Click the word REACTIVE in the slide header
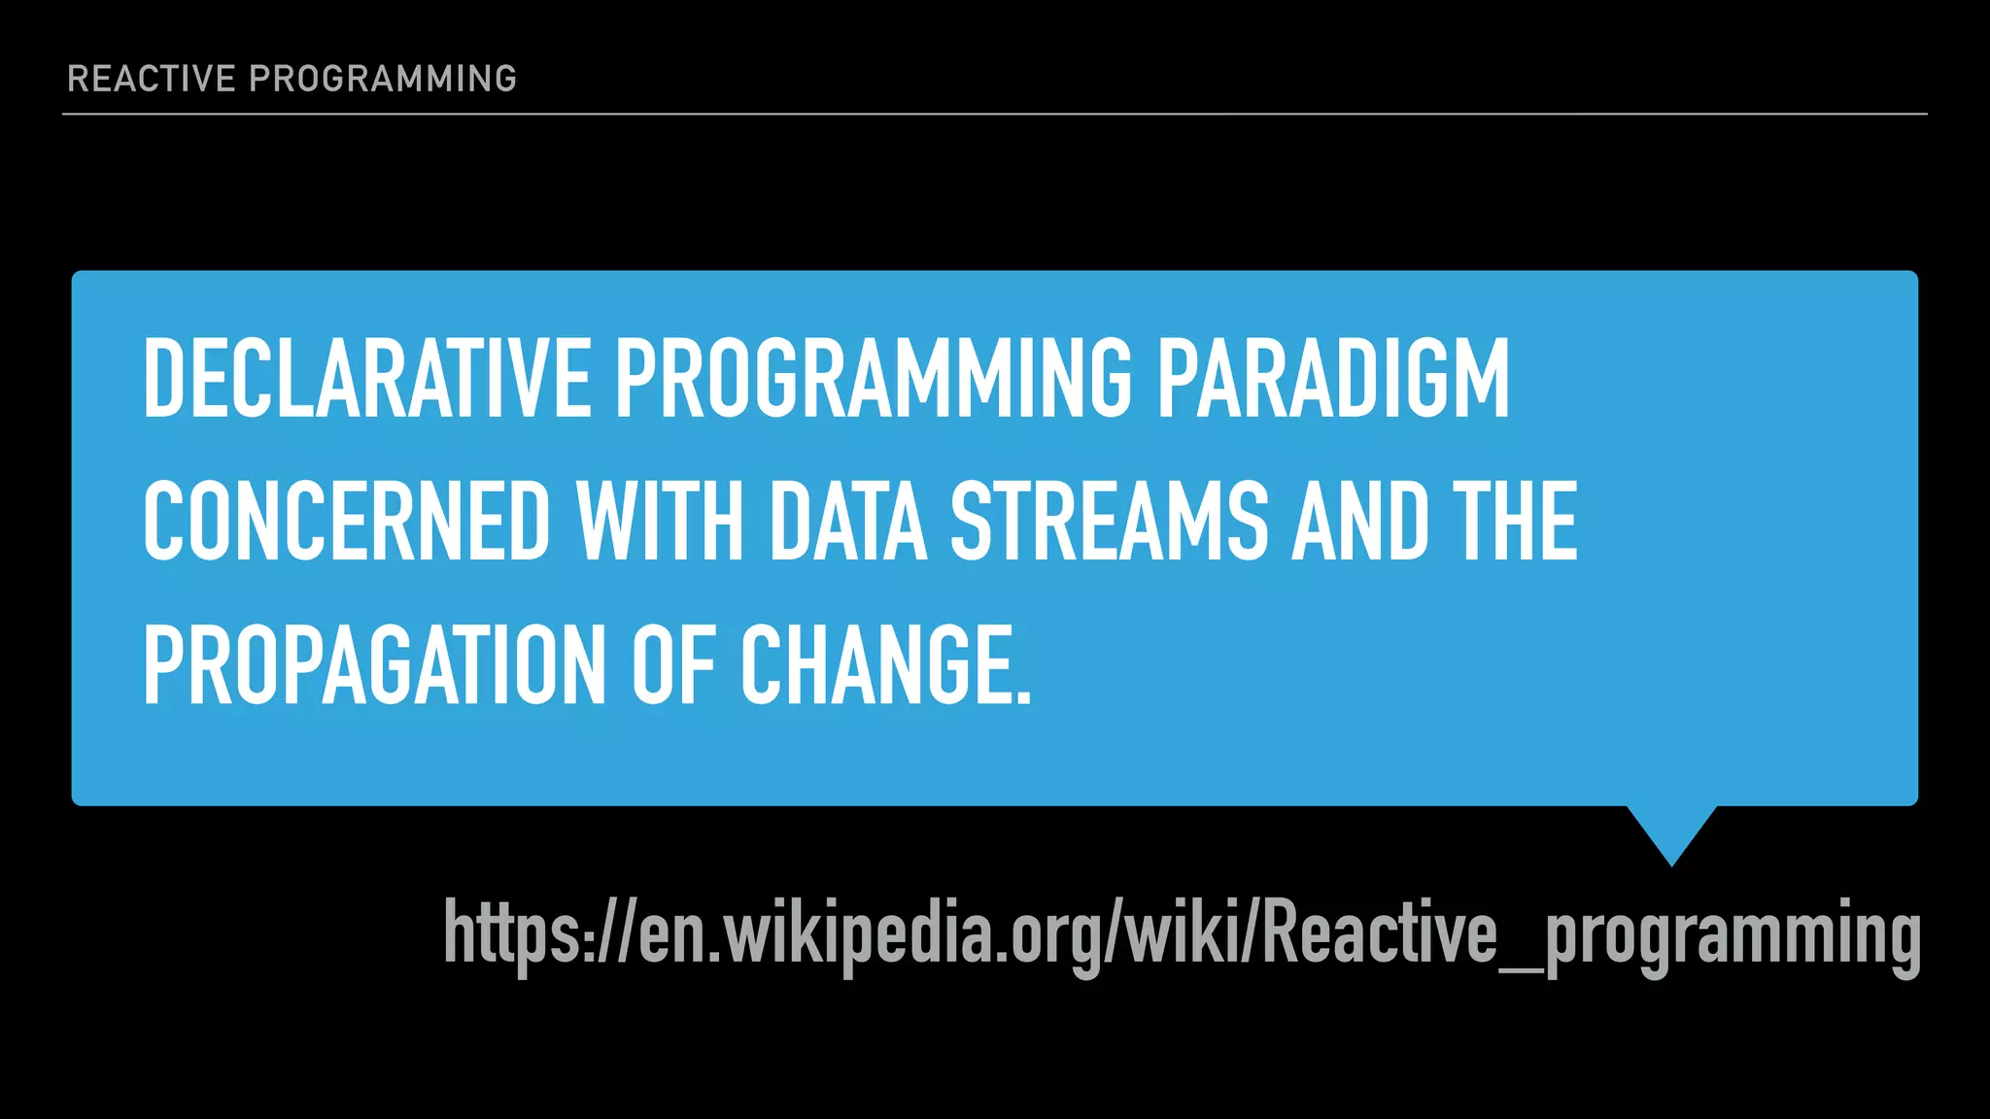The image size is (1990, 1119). pyautogui.click(x=152, y=79)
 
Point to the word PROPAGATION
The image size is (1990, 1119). pyautogui.click(x=375, y=665)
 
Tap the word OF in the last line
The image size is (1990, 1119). pyautogui.click(x=674, y=665)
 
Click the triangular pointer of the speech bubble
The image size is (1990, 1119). pyautogui.click(x=1671, y=831)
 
